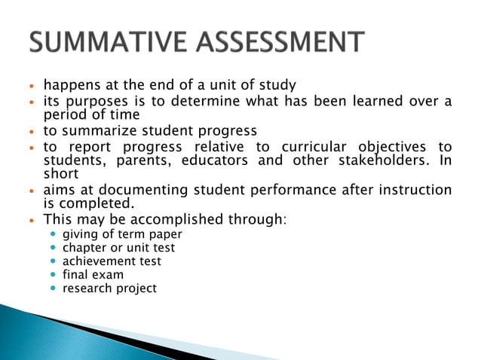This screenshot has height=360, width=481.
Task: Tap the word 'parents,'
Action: click(x=136, y=160)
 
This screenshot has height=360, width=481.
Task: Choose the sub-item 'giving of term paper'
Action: click(x=122, y=234)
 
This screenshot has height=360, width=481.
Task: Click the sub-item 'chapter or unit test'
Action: click(x=118, y=248)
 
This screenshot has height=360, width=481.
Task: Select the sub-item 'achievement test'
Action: click(x=112, y=261)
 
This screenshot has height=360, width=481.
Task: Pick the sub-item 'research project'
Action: click(x=110, y=288)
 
